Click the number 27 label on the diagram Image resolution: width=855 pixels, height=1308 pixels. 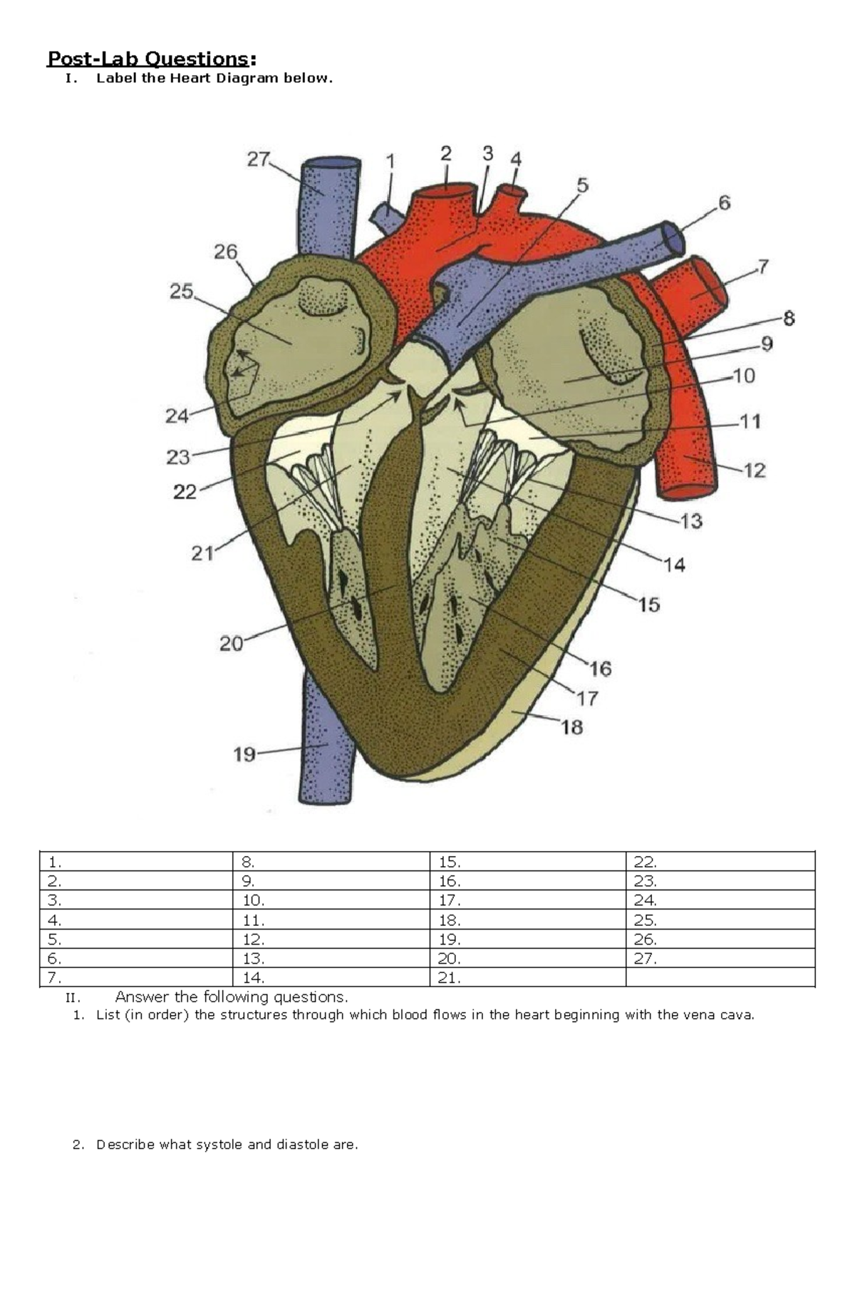tap(258, 160)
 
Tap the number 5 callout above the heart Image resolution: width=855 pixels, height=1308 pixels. tap(582, 186)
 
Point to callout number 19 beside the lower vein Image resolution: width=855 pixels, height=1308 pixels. tap(244, 754)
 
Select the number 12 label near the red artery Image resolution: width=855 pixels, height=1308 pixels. tap(755, 470)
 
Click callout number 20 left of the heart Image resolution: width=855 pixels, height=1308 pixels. tap(232, 644)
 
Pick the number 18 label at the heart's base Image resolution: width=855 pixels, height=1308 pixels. tap(571, 727)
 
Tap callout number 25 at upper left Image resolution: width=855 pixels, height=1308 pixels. tap(181, 292)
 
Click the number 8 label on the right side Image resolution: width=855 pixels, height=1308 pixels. tap(789, 319)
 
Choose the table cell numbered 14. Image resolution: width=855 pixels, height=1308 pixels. tap(331, 978)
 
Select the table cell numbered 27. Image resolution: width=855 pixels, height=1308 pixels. tap(720, 959)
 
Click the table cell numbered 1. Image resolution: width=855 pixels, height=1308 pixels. tap(135, 862)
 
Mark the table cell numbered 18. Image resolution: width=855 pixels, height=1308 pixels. tap(527, 920)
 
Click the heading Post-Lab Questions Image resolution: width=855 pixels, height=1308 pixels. tap(147, 58)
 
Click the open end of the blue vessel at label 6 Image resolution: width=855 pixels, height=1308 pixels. tap(673, 237)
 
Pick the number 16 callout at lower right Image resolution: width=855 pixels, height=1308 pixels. tap(600, 669)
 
